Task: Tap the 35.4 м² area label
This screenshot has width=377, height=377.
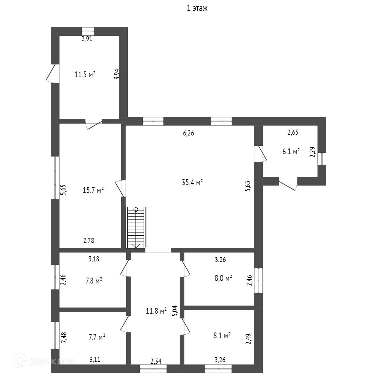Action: pos(193,182)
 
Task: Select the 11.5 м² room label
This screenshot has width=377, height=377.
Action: pos(85,75)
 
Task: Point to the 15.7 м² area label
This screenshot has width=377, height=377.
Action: pos(93,190)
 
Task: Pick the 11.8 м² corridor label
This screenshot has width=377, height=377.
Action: pos(156,311)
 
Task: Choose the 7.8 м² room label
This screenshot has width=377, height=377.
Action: pos(94,281)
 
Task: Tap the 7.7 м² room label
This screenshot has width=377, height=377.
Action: pos(97,337)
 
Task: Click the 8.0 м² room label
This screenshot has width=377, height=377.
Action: pos(223,278)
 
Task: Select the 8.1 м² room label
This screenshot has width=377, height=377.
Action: pos(222,335)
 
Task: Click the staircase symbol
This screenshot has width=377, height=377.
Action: pos(136,228)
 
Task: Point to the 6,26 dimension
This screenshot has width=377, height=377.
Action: pos(188,133)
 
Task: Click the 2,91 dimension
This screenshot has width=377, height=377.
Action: pos(87,39)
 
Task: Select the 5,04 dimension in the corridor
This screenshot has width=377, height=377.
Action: pos(176,311)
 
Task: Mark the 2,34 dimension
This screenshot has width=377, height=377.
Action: pos(156,361)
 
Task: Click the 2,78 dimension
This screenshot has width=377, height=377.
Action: pos(88,241)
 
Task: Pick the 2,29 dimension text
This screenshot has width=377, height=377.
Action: pos(312,152)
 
